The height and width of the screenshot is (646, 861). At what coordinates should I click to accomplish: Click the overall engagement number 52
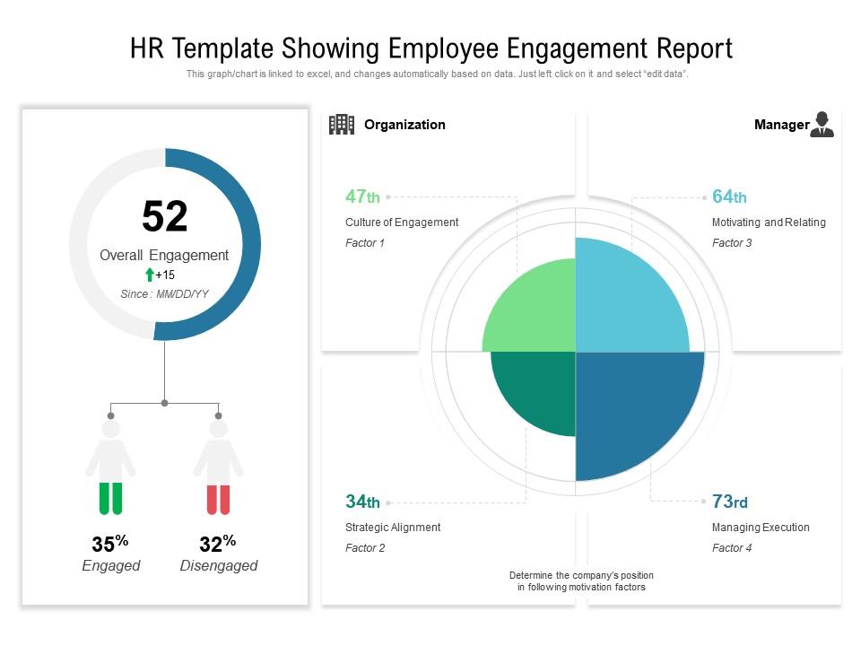[165, 217]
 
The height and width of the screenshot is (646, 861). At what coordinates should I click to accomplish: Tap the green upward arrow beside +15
[149, 275]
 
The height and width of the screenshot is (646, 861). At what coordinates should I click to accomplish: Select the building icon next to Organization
[341, 125]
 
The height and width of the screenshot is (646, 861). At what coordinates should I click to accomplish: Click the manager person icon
[821, 125]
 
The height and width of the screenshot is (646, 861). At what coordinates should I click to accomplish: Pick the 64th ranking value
[729, 196]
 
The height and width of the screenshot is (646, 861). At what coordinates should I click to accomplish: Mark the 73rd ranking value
[729, 502]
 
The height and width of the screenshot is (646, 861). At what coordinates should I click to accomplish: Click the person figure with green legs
[110, 467]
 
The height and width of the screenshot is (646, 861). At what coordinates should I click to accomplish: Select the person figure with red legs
[218, 467]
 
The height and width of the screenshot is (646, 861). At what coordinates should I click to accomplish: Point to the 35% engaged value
[110, 544]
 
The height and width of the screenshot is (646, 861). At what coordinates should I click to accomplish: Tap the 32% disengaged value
[218, 544]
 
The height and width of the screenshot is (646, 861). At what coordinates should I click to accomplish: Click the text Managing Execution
[761, 528]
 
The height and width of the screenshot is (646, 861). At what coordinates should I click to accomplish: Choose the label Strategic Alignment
[393, 528]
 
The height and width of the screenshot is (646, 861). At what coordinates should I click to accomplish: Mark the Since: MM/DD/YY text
[165, 294]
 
